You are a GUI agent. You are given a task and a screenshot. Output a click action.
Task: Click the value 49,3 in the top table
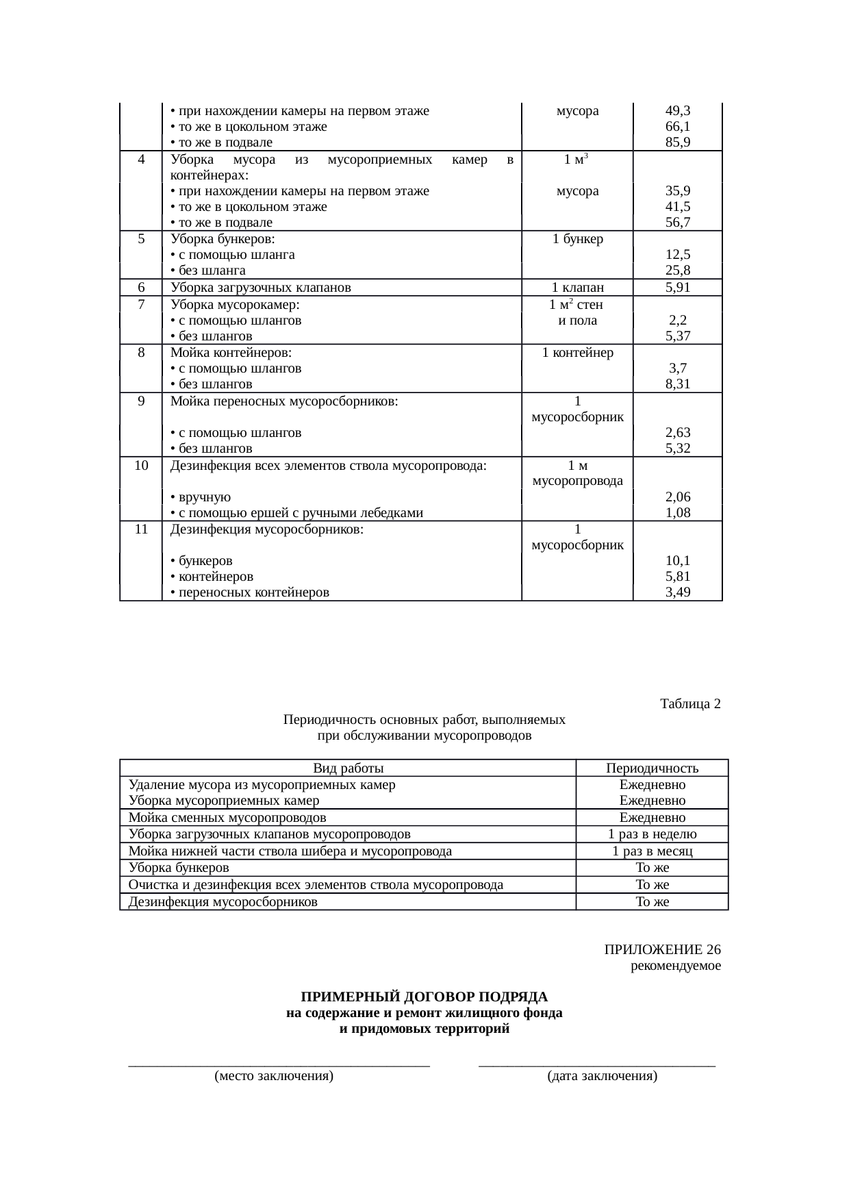[x=677, y=110]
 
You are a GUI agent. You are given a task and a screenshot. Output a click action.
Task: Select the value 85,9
[x=677, y=142]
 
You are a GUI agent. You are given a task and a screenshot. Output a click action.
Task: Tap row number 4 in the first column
[x=140, y=160]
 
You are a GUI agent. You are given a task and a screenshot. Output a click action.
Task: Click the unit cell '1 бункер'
[x=577, y=239]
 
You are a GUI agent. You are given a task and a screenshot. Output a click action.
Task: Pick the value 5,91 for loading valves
[x=677, y=288]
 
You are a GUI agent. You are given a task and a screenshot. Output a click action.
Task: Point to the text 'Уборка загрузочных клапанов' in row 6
[x=260, y=288]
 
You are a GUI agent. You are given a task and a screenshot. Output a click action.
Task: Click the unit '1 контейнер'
[x=577, y=353]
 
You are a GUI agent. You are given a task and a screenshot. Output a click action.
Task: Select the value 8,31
[x=677, y=384]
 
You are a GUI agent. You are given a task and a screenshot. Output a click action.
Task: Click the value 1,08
[x=677, y=513]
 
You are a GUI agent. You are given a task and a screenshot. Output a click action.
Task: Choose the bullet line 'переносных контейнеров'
[x=250, y=592]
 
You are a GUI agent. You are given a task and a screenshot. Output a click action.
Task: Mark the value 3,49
[x=677, y=592]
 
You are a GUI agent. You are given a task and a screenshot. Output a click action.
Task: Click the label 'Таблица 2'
[x=690, y=704]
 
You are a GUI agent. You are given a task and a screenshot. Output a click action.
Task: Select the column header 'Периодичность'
[x=652, y=768]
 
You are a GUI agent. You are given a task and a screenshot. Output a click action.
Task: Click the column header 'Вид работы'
[x=348, y=768]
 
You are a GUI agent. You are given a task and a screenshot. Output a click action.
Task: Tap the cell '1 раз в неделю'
[x=652, y=834]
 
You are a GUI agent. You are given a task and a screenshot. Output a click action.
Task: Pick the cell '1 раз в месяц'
[x=652, y=851]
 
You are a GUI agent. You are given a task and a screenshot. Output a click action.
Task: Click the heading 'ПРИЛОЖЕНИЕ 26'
[x=662, y=950]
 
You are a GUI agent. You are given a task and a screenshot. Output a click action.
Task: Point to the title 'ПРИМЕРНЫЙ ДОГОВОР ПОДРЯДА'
[x=424, y=997]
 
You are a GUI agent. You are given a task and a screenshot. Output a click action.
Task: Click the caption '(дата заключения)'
[x=602, y=1076]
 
